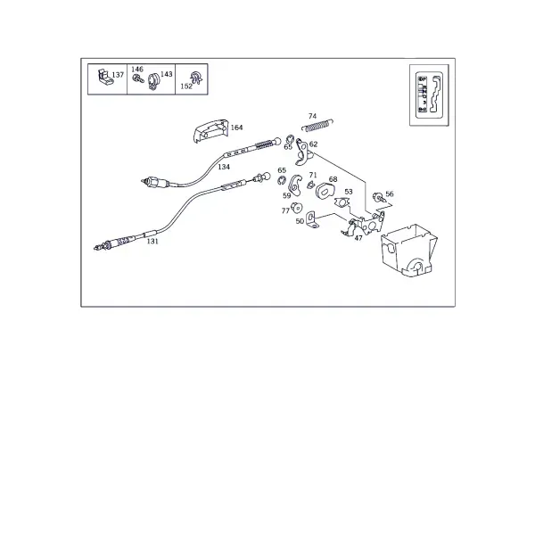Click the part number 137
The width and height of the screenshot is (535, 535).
[x=118, y=75]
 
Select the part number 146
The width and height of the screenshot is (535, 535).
[x=137, y=70]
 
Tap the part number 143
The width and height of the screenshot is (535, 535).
[x=167, y=74]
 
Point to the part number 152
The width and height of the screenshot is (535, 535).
[x=186, y=86]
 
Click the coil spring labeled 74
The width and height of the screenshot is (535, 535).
[x=317, y=125]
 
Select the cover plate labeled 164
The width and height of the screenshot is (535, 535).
[x=210, y=130]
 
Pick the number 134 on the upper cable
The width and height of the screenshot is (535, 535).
[x=224, y=167]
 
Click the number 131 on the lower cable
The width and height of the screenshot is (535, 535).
[x=152, y=242]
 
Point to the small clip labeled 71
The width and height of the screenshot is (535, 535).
[x=310, y=185]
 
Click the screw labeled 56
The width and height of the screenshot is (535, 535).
[x=378, y=197]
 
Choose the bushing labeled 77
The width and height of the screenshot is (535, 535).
[x=296, y=207]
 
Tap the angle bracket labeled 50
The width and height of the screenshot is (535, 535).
[x=312, y=220]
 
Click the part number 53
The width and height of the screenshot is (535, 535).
[x=349, y=192]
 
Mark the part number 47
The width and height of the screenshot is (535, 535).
[x=358, y=238]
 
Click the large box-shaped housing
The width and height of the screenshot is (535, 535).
[x=408, y=250]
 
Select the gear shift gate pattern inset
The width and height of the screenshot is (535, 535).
[x=429, y=95]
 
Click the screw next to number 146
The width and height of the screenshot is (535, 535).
[x=138, y=79]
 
